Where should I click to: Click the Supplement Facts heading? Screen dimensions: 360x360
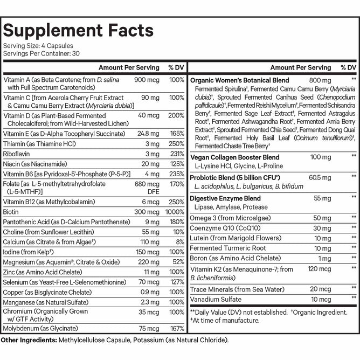point(79,30)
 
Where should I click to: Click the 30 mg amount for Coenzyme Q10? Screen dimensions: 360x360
point(323,227)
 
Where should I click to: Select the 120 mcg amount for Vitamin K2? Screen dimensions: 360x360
point(319,268)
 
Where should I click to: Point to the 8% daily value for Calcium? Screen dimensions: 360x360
point(180,242)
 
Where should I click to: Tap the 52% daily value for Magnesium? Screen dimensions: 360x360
point(178,262)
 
